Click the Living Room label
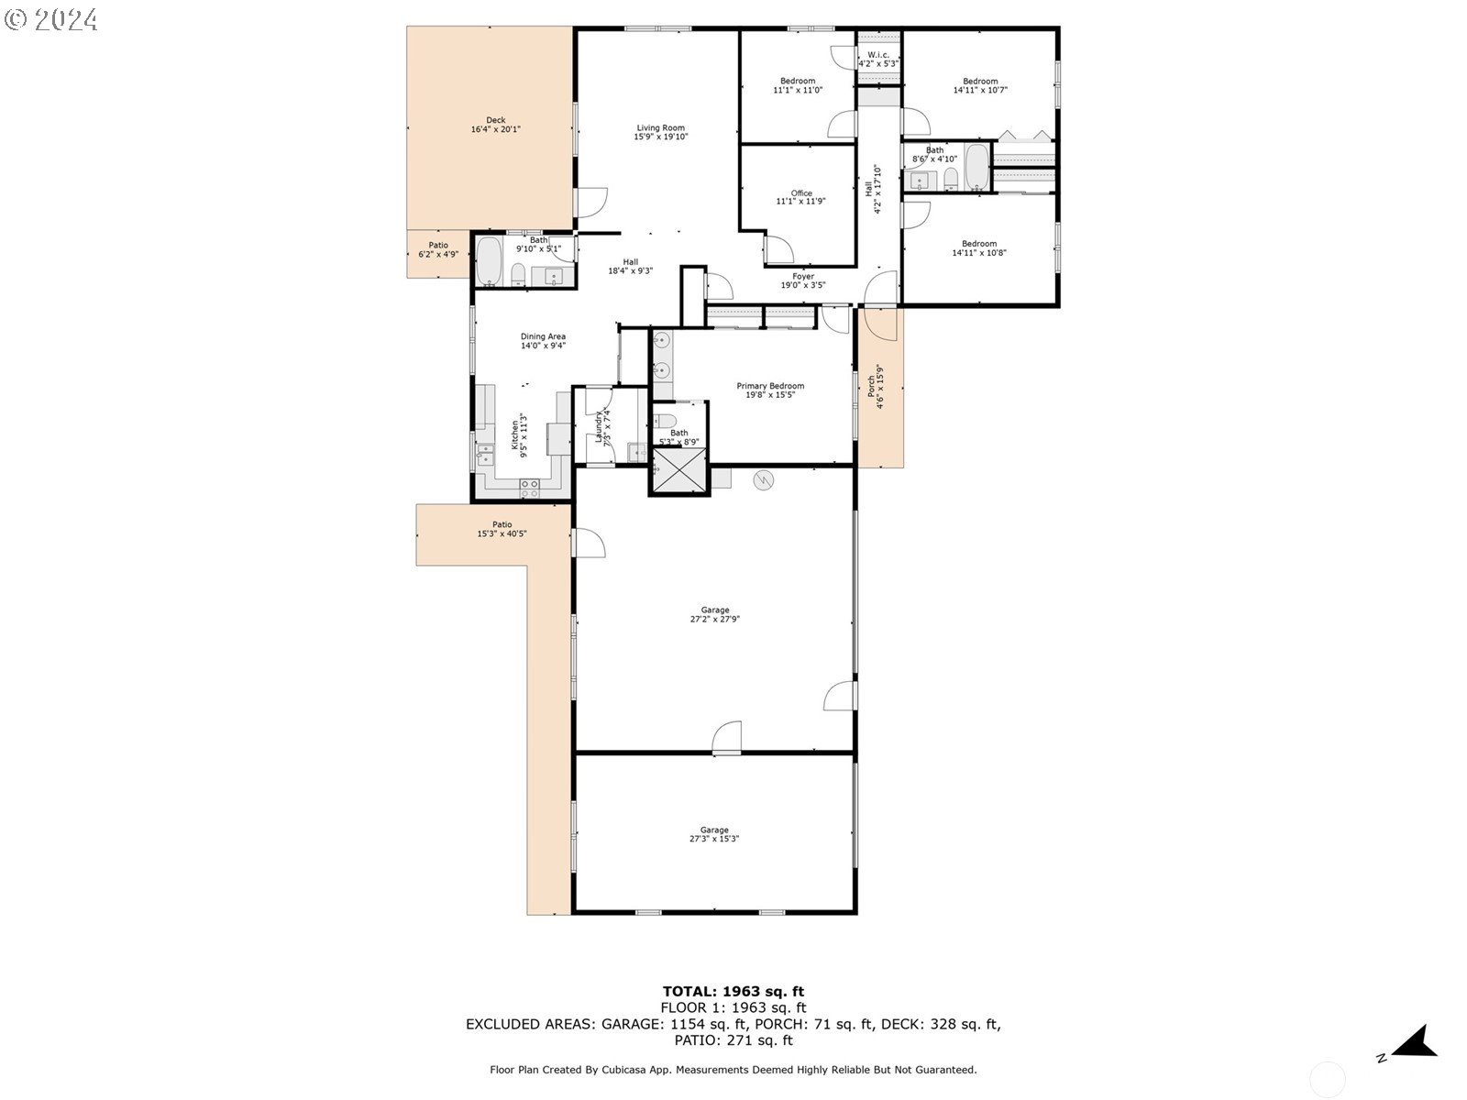pyautogui.click(x=660, y=128)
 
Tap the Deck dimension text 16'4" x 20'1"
pyautogui.click(x=495, y=130)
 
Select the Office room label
pyautogui.click(x=800, y=193)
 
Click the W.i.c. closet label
pyautogui.click(x=878, y=55)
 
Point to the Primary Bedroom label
pyautogui.click(x=770, y=386)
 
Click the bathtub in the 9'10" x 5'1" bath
pyautogui.click(x=489, y=260)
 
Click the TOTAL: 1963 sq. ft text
pyautogui.click(x=733, y=991)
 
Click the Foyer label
pyautogui.click(x=802, y=276)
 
